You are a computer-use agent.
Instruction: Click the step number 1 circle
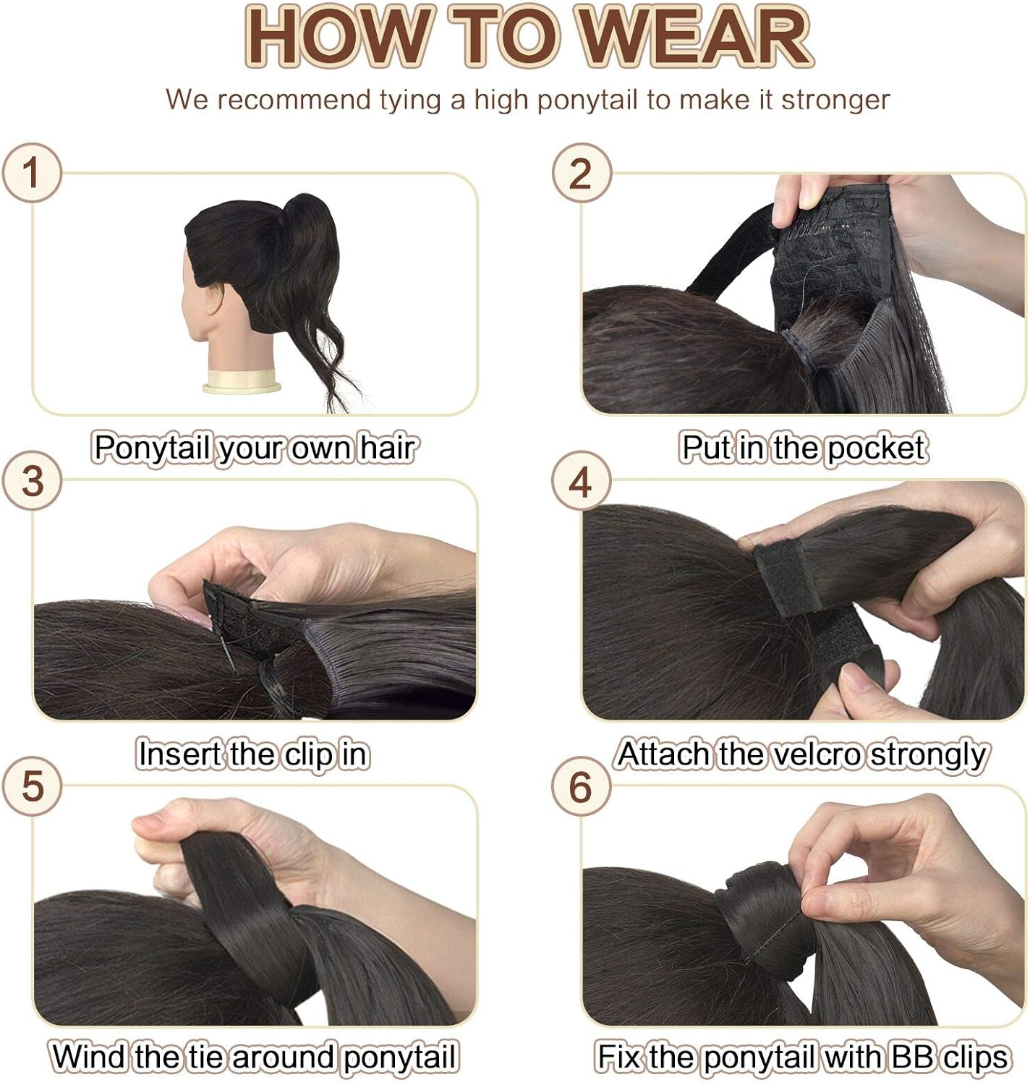31,173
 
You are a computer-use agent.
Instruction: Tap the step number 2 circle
582,173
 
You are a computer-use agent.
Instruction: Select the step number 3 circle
31,481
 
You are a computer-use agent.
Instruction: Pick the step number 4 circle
582,481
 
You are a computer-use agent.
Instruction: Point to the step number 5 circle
31,786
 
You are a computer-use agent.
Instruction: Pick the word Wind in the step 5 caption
90,1057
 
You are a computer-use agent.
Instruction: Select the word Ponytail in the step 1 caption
151,448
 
